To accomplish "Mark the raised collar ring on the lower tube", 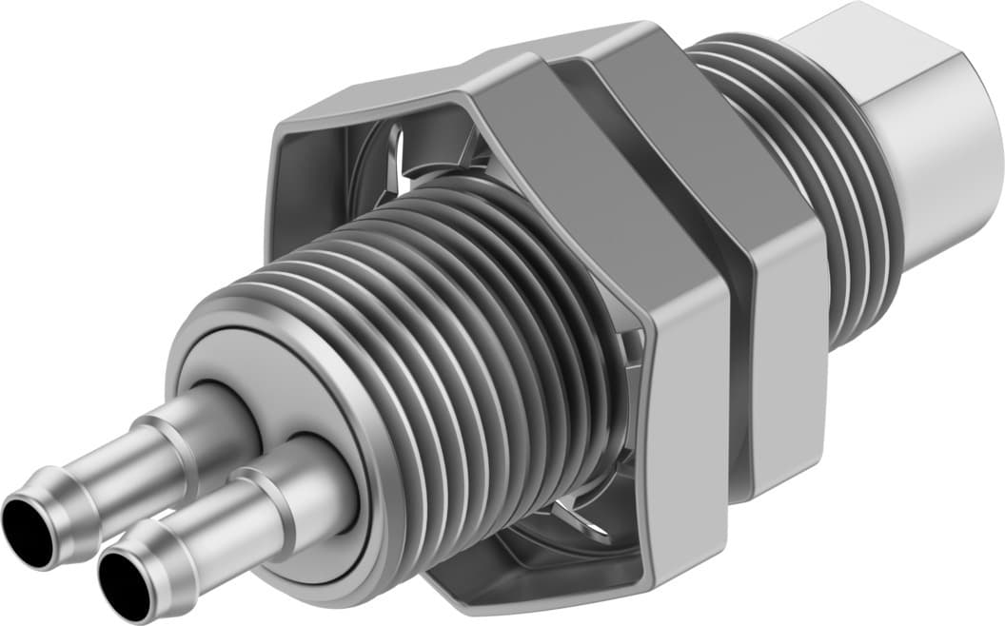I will [x=271, y=494].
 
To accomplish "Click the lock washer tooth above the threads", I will [x=404, y=157].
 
